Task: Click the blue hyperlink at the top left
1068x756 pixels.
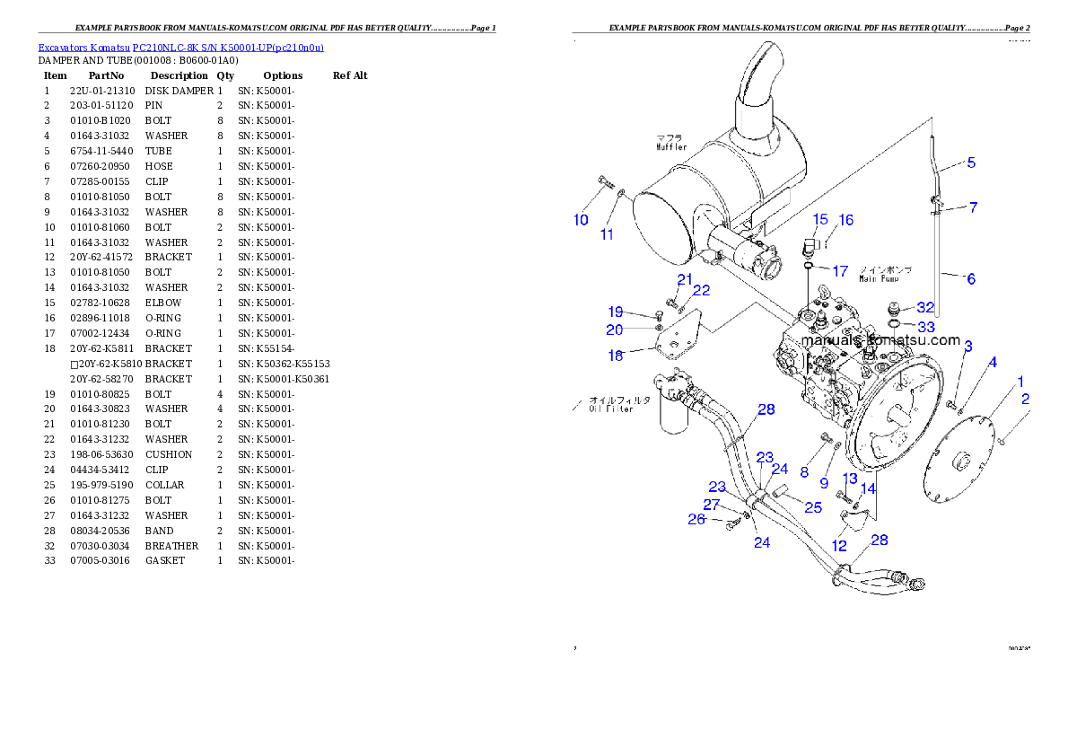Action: click(180, 47)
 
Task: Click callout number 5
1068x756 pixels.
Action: click(971, 163)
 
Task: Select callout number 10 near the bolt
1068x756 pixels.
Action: click(581, 220)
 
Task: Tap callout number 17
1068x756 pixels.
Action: click(840, 270)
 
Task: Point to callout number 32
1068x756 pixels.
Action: click(925, 307)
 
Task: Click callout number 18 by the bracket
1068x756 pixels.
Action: click(616, 356)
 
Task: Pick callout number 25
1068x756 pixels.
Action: click(812, 507)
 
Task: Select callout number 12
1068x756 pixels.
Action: click(839, 545)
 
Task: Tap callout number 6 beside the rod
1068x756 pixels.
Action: click(970, 279)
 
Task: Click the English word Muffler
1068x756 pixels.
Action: click(670, 146)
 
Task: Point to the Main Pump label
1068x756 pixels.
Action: click(879, 279)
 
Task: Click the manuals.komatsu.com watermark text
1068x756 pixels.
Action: click(880, 340)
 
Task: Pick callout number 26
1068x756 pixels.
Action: click(696, 519)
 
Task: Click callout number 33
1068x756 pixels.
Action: click(925, 327)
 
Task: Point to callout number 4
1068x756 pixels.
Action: click(993, 363)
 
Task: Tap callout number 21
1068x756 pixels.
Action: click(685, 279)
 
